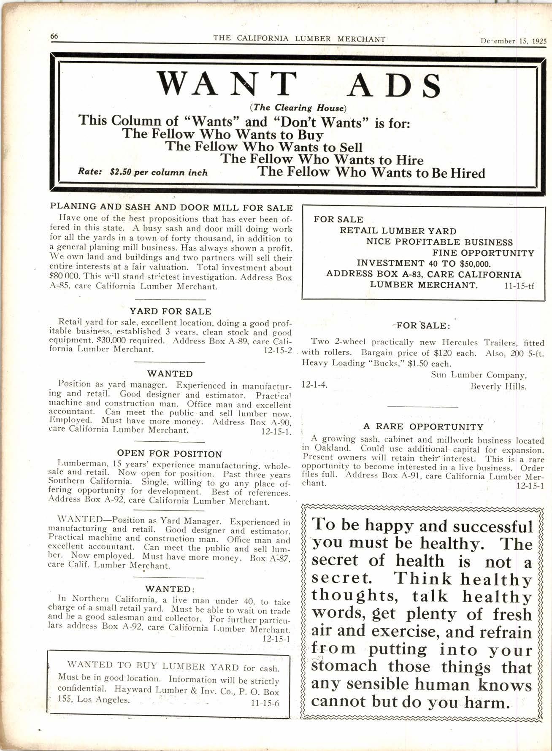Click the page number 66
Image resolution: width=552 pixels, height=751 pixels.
pyautogui.click(x=54, y=36)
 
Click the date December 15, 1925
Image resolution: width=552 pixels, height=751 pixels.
pyautogui.click(x=513, y=41)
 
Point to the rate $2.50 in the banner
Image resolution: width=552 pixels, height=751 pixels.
pyautogui.click(x=120, y=173)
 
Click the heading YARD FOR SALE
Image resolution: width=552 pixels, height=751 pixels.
pyautogui.click(x=170, y=311)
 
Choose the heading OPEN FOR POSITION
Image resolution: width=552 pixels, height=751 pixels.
pyautogui.click(x=170, y=454)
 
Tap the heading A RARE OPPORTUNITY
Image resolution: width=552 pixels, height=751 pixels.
pyautogui.click(x=423, y=427)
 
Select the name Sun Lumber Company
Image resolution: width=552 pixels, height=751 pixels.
pyautogui.click(x=479, y=375)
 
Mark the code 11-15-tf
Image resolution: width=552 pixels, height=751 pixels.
pyautogui.click(x=519, y=286)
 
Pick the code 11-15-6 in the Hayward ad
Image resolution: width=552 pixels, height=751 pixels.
pyautogui.click(x=265, y=703)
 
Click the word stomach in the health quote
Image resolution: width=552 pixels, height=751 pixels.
pyautogui.click(x=344, y=666)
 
